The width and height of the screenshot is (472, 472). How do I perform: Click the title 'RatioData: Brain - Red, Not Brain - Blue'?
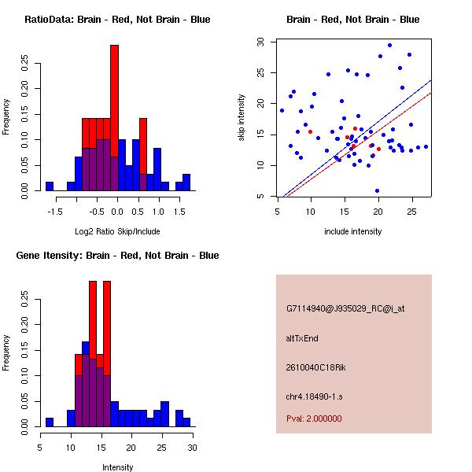tap(117, 20)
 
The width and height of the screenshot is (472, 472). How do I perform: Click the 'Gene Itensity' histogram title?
tap(117, 256)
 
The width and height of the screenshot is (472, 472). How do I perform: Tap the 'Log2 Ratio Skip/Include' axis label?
tap(117, 231)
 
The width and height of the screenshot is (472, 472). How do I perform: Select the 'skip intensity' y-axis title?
tap(242, 118)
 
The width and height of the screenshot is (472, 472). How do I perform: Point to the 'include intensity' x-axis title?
tap(353, 231)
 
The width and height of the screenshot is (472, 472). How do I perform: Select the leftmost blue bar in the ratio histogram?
tap(49, 186)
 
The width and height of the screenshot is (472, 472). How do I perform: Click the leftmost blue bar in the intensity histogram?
tap(49, 422)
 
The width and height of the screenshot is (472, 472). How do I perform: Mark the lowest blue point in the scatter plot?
tap(377, 191)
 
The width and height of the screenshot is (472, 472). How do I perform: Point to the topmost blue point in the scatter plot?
tap(389, 45)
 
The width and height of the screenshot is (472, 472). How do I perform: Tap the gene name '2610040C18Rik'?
tap(316, 367)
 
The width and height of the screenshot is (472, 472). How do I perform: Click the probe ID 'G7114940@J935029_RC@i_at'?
tap(345, 309)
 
